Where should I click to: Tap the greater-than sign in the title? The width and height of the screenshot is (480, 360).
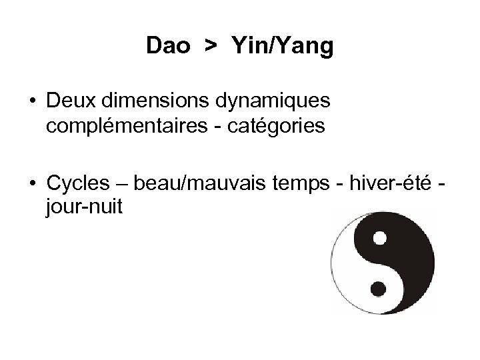point(211,47)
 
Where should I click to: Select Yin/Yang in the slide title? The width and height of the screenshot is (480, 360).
point(283,47)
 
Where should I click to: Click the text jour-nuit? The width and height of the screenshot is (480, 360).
point(84,207)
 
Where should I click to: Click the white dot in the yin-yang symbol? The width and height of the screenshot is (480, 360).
point(379,237)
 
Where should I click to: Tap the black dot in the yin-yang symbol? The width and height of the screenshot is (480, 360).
point(378,287)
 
